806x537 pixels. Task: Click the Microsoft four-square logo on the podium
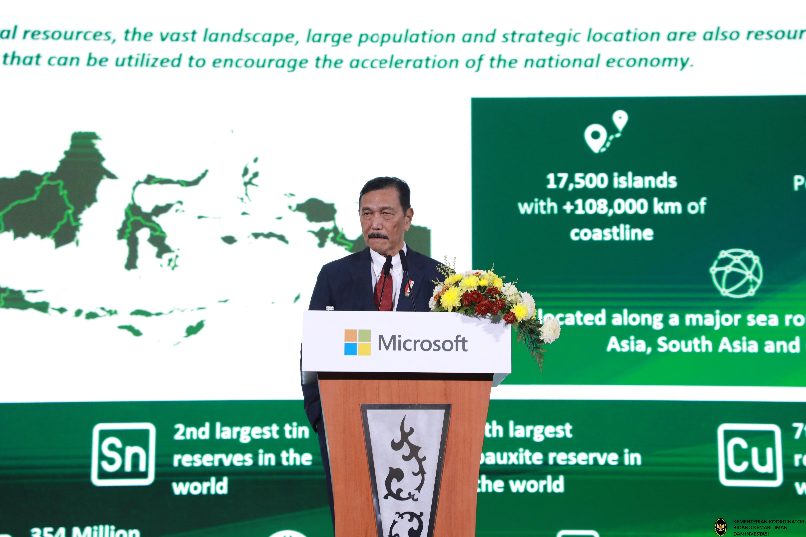coord(357,342)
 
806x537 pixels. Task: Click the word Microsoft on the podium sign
coord(423,343)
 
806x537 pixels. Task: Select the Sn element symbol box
coord(123,454)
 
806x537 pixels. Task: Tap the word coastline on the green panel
coord(612,234)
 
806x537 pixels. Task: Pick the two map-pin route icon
coord(606,131)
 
